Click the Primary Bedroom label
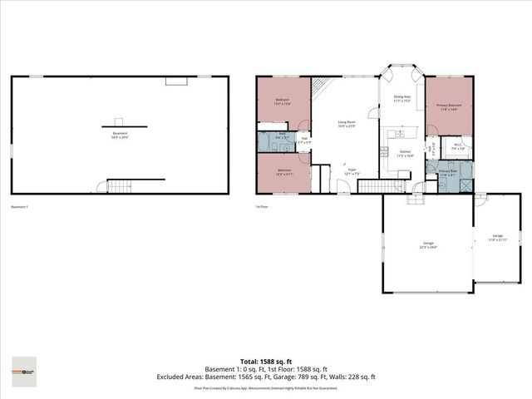(x=449, y=108)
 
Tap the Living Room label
(x=347, y=124)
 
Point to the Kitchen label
(x=405, y=153)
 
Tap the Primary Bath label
(x=448, y=173)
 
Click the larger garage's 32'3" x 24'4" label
(x=428, y=244)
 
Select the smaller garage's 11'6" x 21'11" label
(x=497, y=238)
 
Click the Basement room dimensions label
(x=121, y=136)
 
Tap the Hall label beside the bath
(x=305, y=140)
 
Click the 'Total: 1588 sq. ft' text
(x=265, y=362)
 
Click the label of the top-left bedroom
(x=283, y=101)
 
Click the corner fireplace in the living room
(x=322, y=86)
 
